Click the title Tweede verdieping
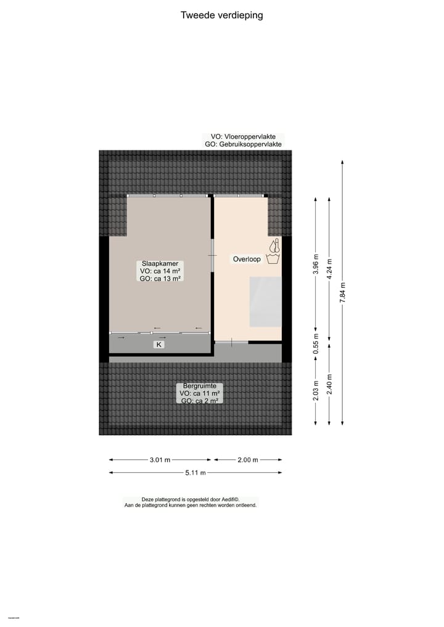coord(221,15)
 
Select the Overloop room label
coord(247,260)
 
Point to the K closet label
coord(159,345)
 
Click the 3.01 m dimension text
coord(160,460)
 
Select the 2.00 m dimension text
coord(247,460)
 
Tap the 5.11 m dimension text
coord(195,473)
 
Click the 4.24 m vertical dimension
coord(329,269)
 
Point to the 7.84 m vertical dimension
coord(343,292)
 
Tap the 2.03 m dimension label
coord(316,392)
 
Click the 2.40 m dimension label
coord(329,385)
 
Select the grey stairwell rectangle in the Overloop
coord(265,302)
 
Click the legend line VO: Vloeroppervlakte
coord(244,137)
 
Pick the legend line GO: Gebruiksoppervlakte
coord(244,144)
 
